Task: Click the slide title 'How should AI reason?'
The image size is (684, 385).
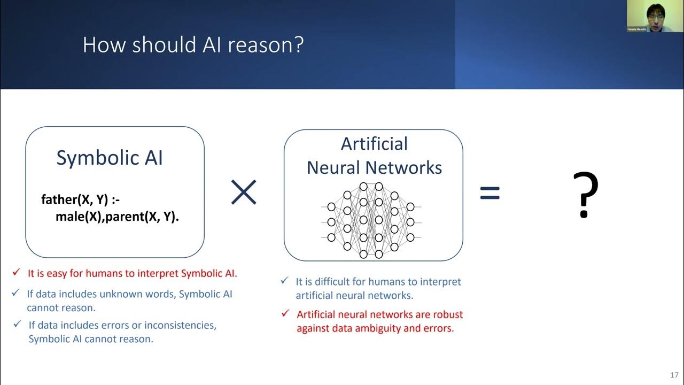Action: pyautogui.click(x=193, y=45)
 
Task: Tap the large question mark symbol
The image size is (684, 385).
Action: pyautogui.click(x=585, y=195)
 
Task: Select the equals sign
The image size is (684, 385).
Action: pyautogui.click(x=489, y=193)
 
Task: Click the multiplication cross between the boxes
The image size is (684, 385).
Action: pyautogui.click(x=244, y=192)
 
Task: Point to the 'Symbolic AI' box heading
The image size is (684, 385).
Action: pyautogui.click(x=110, y=158)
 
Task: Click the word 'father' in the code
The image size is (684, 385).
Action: pyautogui.click(x=59, y=200)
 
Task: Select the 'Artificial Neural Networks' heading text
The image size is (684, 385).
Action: pyautogui.click(x=374, y=156)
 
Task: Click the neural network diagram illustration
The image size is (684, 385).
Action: pyautogui.click(x=371, y=220)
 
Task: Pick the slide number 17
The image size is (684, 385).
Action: pyautogui.click(x=673, y=375)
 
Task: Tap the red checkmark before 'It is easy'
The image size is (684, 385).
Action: pyautogui.click(x=16, y=273)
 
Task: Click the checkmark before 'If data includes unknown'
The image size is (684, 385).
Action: pyautogui.click(x=15, y=293)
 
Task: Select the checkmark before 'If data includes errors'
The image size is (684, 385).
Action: pyautogui.click(x=18, y=324)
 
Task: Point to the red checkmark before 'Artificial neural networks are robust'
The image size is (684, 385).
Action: pyautogui.click(x=285, y=313)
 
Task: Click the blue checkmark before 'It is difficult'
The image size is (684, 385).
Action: pyautogui.click(x=285, y=280)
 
